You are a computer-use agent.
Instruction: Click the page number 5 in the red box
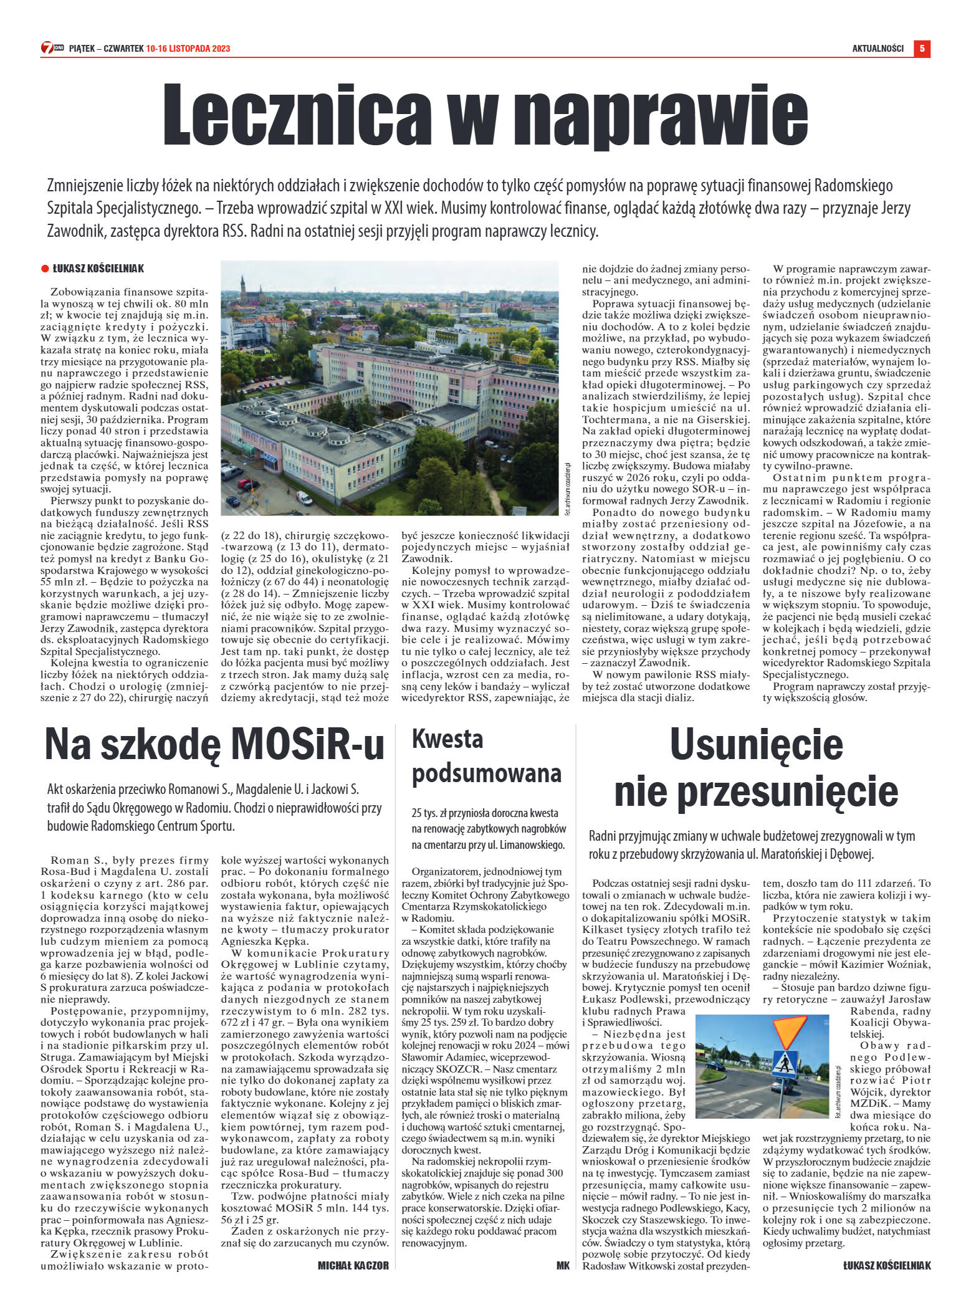[x=922, y=48]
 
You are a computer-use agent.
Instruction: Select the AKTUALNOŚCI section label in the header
[x=878, y=49]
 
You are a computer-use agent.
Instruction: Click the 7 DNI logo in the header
[x=52, y=48]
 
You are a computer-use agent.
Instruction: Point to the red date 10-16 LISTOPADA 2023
[x=188, y=49]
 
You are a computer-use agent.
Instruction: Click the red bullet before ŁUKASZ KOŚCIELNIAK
[x=45, y=269]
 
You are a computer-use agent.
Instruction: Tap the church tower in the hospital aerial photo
[x=243, y=287]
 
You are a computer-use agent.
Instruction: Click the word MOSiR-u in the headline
[x=308, y=745]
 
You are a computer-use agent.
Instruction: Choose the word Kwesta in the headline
[x=447, y=739]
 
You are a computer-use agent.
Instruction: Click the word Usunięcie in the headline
[x=756, y=744]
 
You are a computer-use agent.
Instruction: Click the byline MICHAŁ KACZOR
[x=353, y=1265]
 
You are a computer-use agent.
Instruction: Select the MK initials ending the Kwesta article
[x=563, y=1265]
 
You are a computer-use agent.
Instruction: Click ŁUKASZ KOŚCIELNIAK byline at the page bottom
[x=886, y=1265]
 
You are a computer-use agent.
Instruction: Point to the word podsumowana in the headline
[x=486, y=773]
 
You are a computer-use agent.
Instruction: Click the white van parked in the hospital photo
[x=304, y=498]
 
